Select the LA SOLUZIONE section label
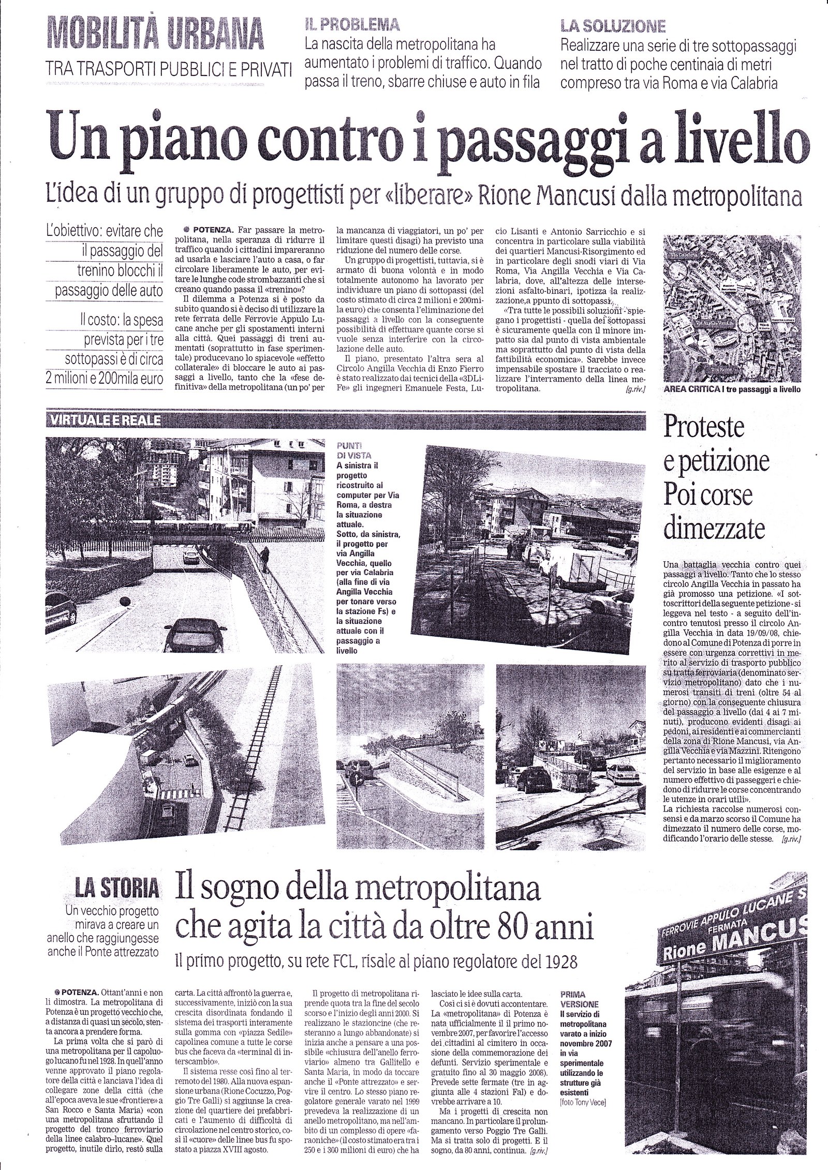click(x=613, y=25)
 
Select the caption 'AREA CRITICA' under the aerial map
click(x=690, y=404)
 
